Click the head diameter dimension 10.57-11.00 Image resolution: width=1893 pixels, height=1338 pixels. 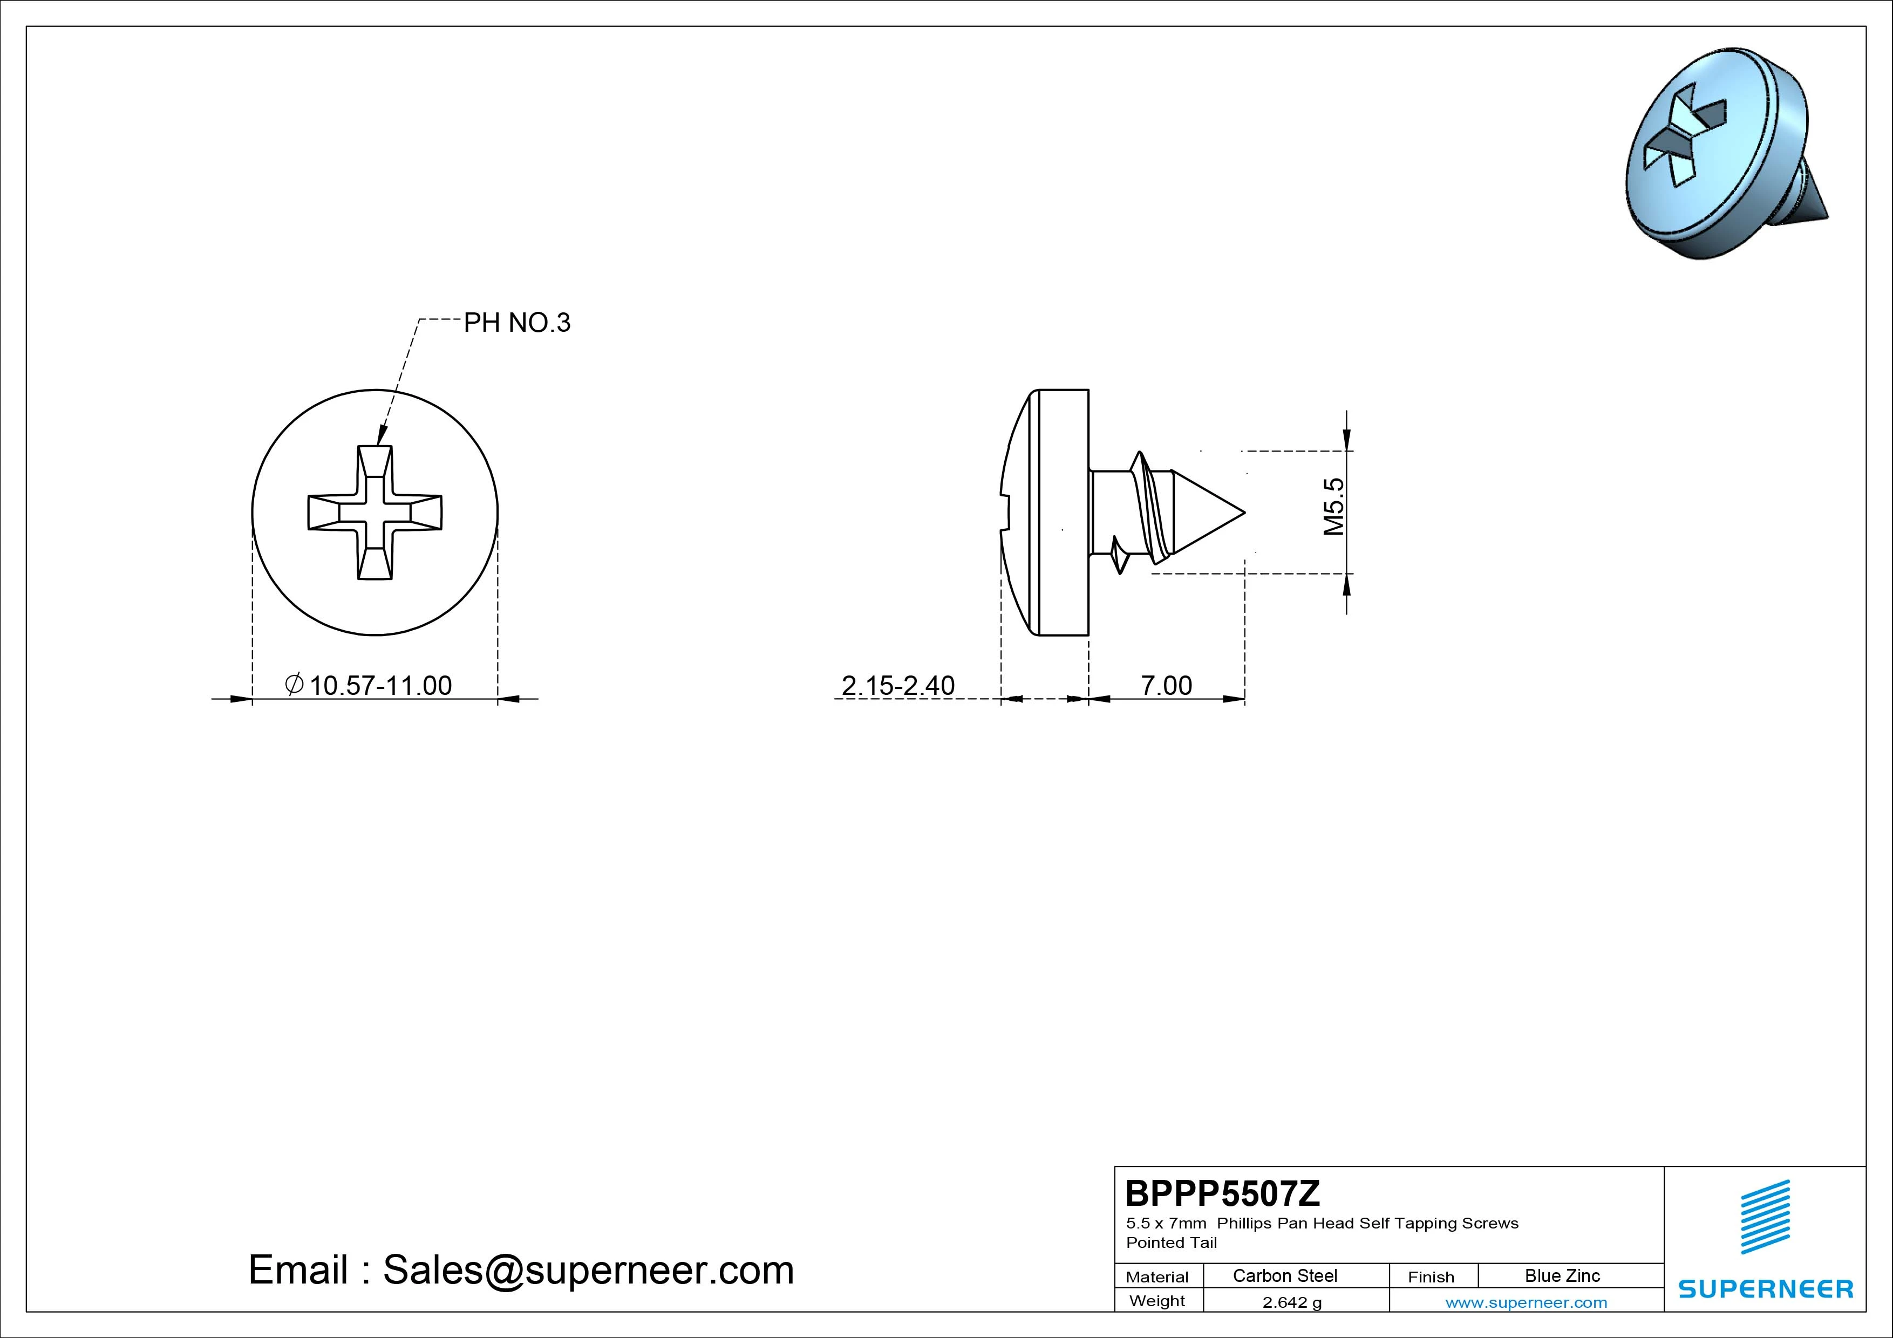point(369,685)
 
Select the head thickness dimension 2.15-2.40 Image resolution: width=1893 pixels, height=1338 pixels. point(898,685)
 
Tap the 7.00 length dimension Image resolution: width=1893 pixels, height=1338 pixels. point(1166,685)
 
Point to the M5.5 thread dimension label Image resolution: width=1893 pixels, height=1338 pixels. point(1333,507)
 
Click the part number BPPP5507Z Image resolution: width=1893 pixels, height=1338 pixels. point(1223,1193)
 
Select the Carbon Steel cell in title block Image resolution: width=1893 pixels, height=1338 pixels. point(1284,1275)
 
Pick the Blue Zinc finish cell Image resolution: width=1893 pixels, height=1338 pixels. point(1562,1275)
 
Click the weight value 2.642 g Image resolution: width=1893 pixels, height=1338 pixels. point(1292,1302)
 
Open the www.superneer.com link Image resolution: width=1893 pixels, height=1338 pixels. point(1526,1302)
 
